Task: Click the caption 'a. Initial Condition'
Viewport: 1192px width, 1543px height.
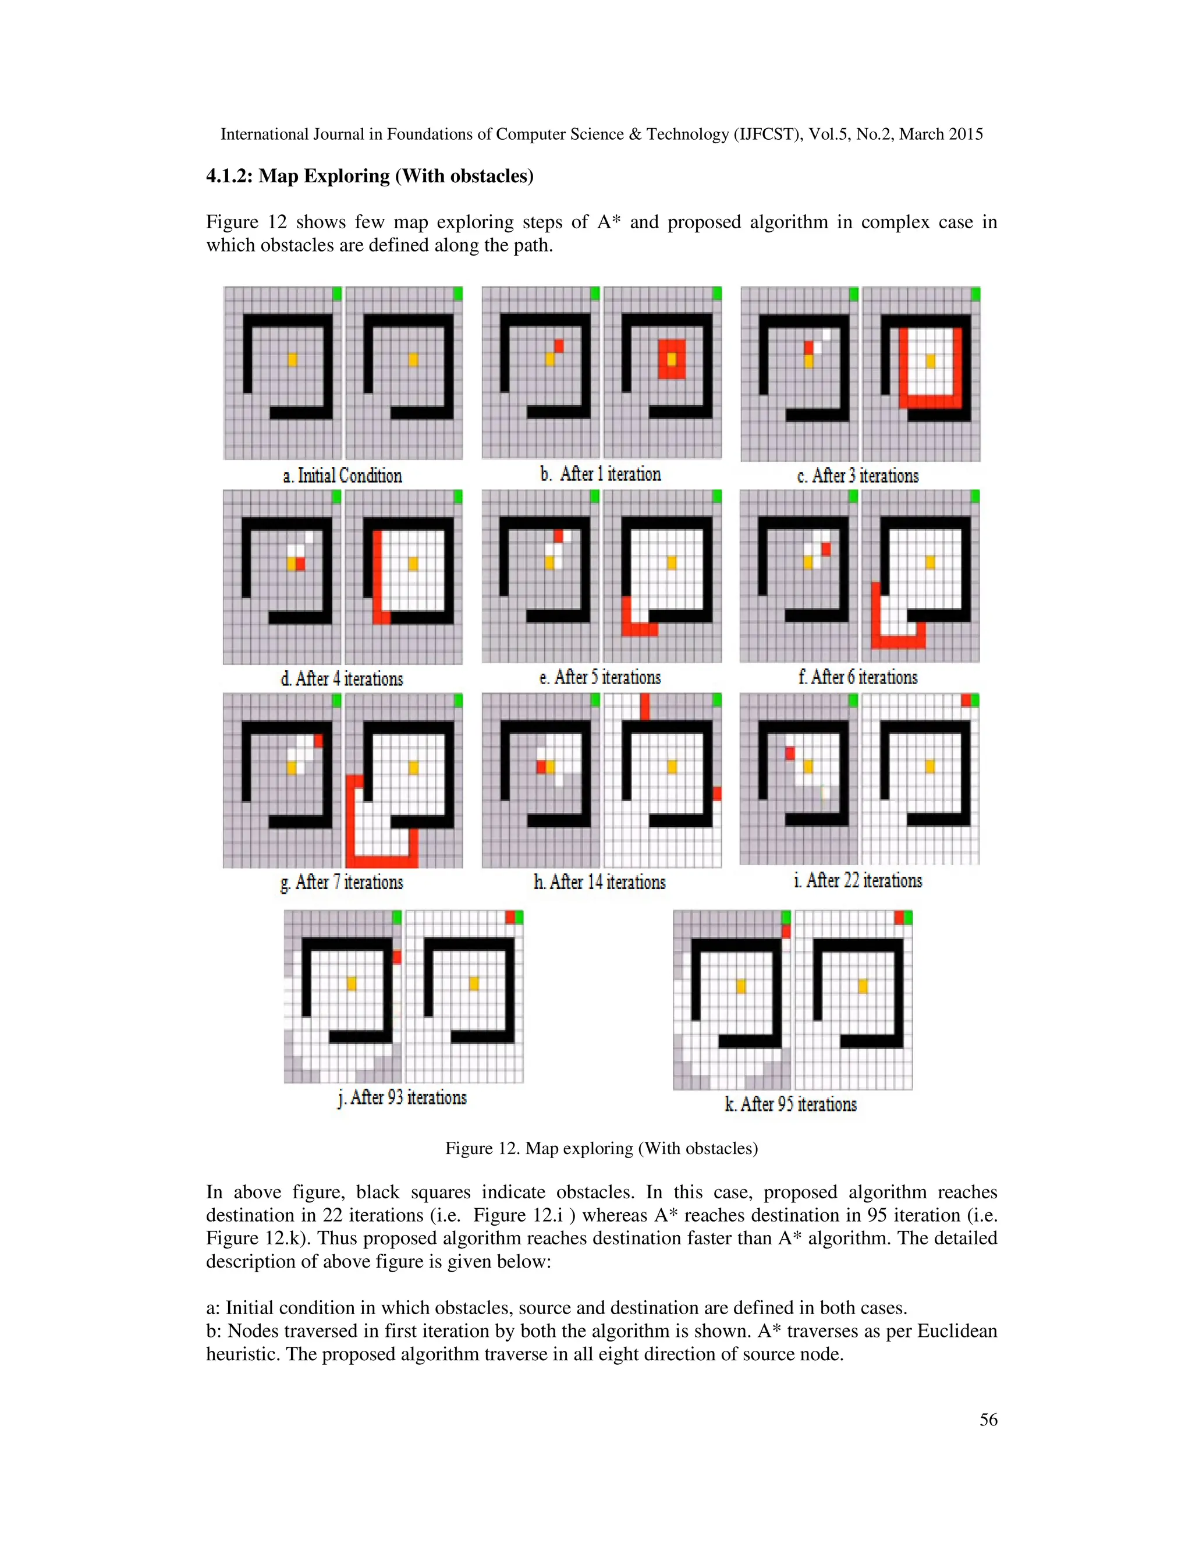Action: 342,476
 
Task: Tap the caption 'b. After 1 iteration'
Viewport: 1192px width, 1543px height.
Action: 601,474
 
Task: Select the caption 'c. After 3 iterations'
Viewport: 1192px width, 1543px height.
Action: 858,476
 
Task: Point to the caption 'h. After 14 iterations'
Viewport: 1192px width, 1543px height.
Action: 599,882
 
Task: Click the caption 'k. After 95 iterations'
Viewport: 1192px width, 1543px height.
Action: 791,1103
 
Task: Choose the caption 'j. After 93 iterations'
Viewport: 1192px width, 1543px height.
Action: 403,1097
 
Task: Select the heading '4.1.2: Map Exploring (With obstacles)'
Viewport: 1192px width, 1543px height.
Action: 370,176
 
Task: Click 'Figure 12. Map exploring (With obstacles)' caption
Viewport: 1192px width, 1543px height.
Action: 601,1148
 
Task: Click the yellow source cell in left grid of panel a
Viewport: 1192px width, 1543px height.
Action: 292,360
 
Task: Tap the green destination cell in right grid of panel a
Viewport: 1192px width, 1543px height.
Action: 457,293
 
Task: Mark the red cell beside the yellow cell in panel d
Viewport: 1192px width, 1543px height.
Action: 301,563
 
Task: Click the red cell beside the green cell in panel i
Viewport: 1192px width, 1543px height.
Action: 966,700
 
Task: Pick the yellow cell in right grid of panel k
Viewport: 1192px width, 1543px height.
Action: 862,986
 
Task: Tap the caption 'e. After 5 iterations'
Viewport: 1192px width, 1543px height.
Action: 600,678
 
